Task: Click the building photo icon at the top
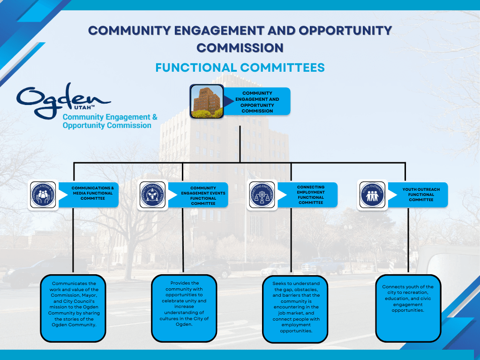click(x=206, y=101)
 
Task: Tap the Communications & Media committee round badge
click(x=43, y=195)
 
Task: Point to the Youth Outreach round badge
click(x=373, y=195)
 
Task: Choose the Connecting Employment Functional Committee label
click(x=310, y=195)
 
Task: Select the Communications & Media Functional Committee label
click(x=92, y=193)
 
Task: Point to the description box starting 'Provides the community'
click(x=184, y=307)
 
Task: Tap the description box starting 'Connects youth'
click(x=408, y=307)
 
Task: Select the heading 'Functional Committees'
click(x=240, y=67)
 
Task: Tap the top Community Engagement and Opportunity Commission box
click(x=257, y=102)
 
